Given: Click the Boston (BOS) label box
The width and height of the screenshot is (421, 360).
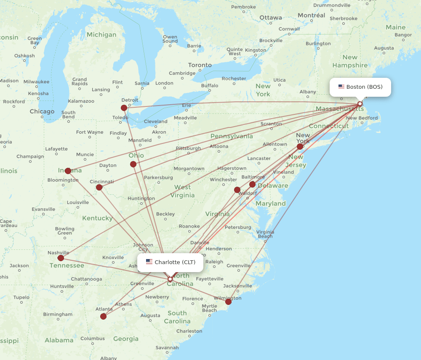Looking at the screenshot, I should [x=360, y=87].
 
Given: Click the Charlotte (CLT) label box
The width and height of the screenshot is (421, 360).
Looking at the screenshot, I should [x=171, y=262].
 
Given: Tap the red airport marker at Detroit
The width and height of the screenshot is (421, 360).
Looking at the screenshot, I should [x=124, y=108].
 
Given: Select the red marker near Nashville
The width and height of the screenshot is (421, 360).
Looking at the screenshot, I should [x=61, y=258].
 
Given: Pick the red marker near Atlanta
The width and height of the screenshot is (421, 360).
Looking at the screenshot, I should [x=104, y=316].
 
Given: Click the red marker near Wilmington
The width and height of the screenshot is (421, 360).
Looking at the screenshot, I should [x=228, y=302].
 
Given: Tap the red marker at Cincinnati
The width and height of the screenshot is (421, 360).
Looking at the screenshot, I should [x=99, y=187].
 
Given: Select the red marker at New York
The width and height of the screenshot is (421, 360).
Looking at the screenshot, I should [x=300, y=146].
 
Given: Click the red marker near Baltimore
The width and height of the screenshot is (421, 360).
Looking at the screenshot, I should [x=252, y=184].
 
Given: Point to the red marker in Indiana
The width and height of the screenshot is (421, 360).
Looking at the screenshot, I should [x=68, y=171].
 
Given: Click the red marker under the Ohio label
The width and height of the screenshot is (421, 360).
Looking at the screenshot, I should [x=133, y=164].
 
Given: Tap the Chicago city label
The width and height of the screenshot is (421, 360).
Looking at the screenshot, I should [x=42, y=111].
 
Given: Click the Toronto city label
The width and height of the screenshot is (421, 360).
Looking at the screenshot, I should [x=200, y=65].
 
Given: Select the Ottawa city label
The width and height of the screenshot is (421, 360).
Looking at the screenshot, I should [x=271, y=18].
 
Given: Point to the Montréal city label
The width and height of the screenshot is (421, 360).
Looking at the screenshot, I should [x=311, y=15].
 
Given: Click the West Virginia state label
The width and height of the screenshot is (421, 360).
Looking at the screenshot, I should [x=182, y=191].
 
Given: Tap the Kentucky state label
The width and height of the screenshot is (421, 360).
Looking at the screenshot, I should [x=97, y=218].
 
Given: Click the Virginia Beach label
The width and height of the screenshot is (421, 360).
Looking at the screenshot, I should [x=265, y=234].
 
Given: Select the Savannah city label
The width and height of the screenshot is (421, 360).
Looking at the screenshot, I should [x=167, y=347].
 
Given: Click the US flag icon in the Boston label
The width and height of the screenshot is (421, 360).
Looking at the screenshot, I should [x=341, y=87].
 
